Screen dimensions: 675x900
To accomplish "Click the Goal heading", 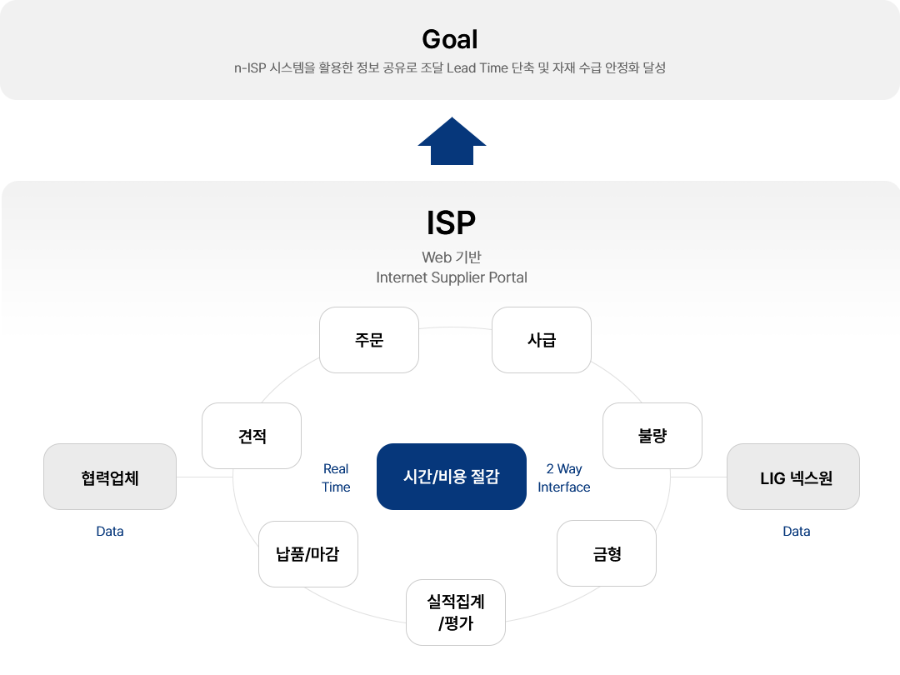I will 450,39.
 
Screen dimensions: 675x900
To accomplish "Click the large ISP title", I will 451,222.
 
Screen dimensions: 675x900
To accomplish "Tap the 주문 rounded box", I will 369,340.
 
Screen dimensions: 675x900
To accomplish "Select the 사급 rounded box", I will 542,340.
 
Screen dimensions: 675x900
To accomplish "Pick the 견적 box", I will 252,436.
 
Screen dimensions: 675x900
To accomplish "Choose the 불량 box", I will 652,436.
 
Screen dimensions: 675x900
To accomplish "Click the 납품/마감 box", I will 308,554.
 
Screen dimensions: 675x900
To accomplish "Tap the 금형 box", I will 607,553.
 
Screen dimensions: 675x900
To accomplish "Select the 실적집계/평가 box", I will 456,612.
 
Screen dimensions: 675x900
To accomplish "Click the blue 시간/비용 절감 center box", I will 451,476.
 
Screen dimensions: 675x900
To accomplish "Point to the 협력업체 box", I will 110,477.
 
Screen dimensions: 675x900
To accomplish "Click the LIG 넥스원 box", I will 793,477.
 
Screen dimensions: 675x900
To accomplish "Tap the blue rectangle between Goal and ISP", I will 452,140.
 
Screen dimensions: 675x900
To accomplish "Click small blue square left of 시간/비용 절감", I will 336,477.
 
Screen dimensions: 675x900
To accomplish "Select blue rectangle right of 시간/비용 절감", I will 564,477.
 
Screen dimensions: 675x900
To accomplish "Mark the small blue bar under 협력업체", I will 110,531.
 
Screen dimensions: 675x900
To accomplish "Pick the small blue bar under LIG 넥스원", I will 797,531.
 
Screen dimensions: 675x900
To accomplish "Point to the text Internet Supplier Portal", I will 452,277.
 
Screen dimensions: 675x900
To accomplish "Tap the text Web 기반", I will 452,257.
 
